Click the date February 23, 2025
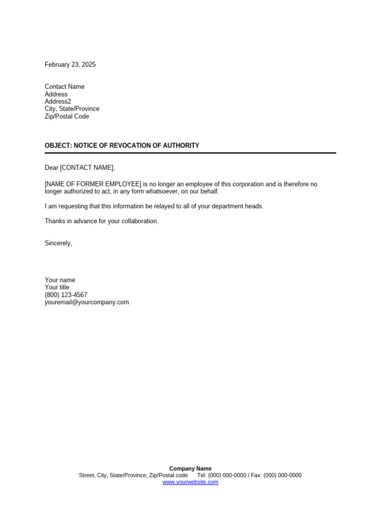(70, 64)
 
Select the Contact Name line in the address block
(64, 87)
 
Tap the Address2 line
(58, 102)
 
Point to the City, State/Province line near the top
(72, 109)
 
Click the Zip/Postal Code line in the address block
(67, 117)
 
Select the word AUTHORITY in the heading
(180, 146)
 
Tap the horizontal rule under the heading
(190, 153)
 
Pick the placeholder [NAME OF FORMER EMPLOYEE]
(93, 184)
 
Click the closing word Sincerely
(58, 243)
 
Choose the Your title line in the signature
(57, 287)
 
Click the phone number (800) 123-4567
(66, 295)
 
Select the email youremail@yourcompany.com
(87, 302)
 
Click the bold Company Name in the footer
(190, 468)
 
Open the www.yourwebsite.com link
(190, 482)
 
